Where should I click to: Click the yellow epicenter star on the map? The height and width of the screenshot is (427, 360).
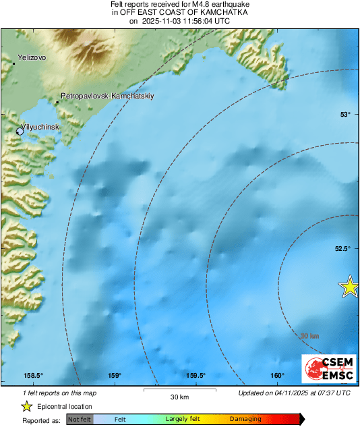point(349,287)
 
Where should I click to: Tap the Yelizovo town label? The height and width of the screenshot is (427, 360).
point(32,57)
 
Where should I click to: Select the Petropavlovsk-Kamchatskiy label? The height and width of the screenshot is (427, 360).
point(107,96)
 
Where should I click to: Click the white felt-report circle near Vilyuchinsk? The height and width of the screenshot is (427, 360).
point(20,132)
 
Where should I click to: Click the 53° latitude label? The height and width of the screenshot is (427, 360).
point(344,114)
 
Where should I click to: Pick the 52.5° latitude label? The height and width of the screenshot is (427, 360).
point(342,248)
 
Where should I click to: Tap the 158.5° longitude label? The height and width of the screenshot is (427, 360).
point(34,376)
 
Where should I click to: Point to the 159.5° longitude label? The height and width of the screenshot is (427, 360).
point(196,376)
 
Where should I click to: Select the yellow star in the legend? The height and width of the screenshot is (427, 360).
point(27,406)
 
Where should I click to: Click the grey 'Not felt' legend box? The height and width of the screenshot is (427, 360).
point(80,419)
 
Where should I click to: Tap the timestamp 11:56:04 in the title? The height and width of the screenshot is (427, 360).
point(196,21)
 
